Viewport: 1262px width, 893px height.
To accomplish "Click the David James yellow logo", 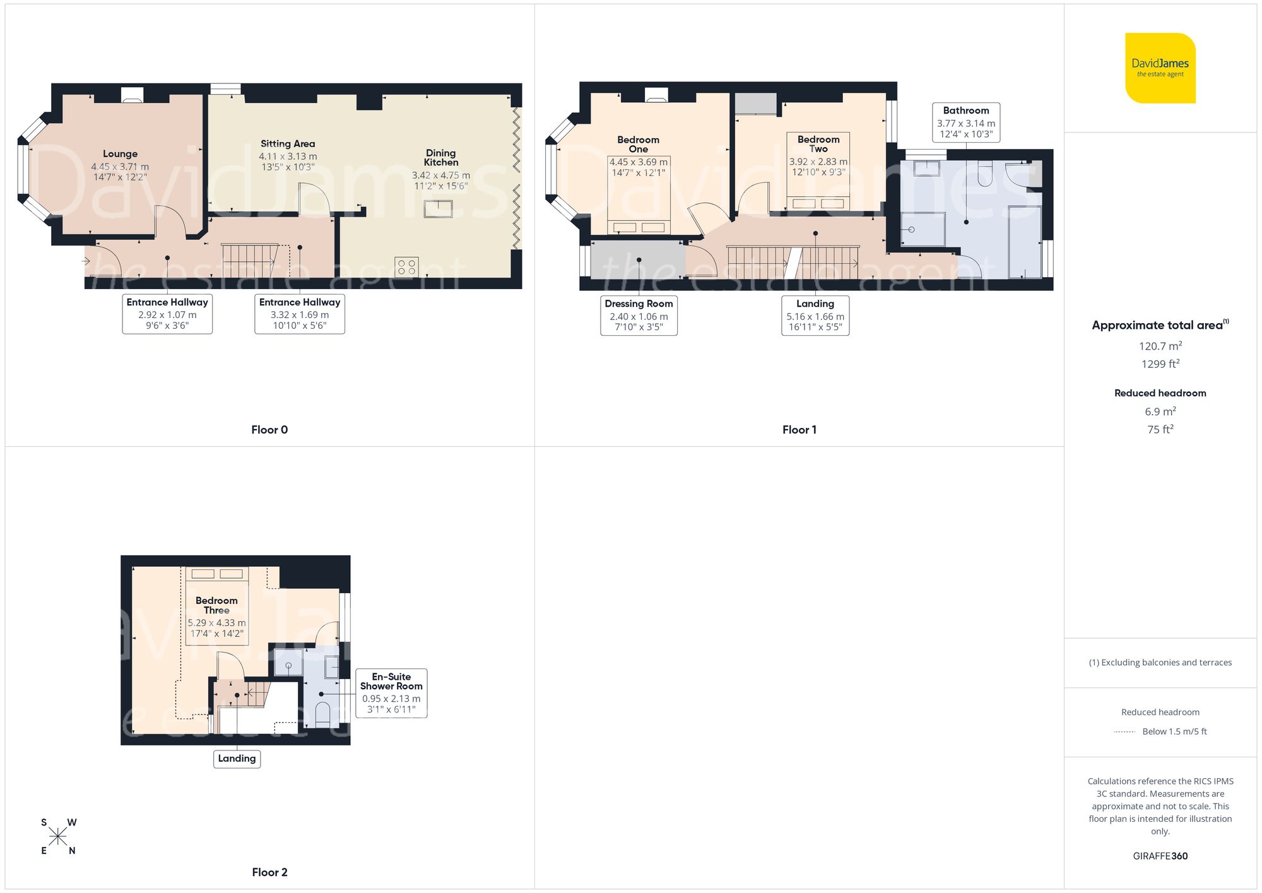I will (x=1160, y=68).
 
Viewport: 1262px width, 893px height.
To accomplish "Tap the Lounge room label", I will (x=120, y=154).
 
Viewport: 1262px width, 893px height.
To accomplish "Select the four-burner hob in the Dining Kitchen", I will (x=406, y=266).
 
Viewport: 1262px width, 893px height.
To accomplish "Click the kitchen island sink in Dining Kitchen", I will (x=438, y=208).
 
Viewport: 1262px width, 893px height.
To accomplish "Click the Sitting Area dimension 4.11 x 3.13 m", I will (x=288, y=157).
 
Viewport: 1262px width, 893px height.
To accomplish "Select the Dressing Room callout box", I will (x=639, y=315).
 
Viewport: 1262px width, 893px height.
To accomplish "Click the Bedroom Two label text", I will (x=818, y=144).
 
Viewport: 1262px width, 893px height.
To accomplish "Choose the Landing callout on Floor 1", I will (x=815, y=315).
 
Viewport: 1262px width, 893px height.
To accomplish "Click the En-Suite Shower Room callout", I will (x=391, y=692).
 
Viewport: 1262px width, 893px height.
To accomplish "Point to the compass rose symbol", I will (x=58, y=837).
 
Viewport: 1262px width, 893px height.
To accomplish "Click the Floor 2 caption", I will (x=269, y=872).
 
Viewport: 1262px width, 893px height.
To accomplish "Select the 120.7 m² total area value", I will (x=1160, y=346).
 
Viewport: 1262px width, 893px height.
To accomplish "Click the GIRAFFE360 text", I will (x=1160, y=856).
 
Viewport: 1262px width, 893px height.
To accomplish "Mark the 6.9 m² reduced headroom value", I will (x=1160, y=411).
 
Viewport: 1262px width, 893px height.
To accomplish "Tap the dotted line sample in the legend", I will (x=1124, y=732).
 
